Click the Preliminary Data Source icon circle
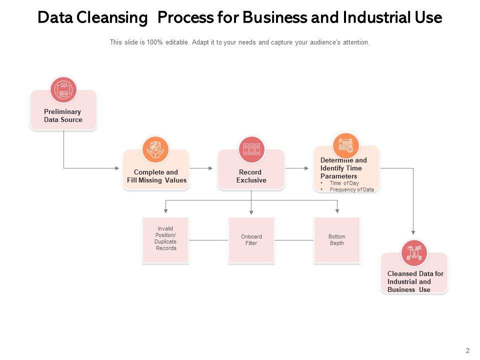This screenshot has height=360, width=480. tap(63, 90)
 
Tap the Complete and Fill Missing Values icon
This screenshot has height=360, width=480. tap(155, 149)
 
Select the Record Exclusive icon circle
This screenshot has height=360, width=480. tap(251, 149)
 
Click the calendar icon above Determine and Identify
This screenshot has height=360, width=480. tap(346, 145)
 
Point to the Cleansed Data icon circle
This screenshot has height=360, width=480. tap(414, 253)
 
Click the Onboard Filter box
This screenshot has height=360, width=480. tap(251, 240)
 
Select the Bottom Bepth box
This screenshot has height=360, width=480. tap(337, 240)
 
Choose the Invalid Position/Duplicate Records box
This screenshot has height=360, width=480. tap(165, 240)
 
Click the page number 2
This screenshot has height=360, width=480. tap(467, 350)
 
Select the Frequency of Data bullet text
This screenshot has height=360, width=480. tap(351, 190)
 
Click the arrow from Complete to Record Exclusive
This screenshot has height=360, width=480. tap(202, 168)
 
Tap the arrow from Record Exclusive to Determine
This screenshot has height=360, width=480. tap(298, 168)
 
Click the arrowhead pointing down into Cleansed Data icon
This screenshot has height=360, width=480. tap(413, 231)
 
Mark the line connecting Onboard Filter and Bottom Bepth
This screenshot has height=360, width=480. tap(294, 240)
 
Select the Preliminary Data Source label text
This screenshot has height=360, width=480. tap(63, 116)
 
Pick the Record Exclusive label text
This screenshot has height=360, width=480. tap(251, 176)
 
